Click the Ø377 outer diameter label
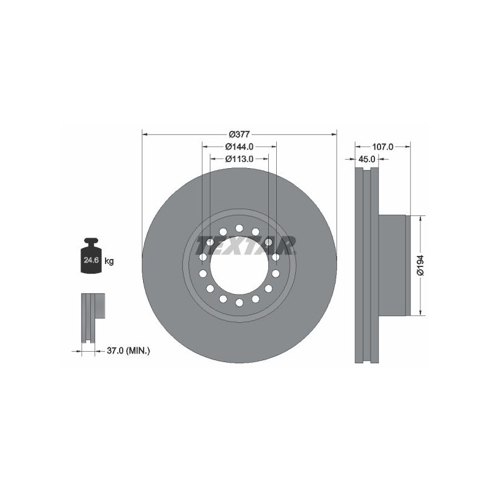point(239,134)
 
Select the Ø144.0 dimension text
point(239,146)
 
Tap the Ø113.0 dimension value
point(239,159)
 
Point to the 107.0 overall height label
point(382,147)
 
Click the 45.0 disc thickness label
point(366,159)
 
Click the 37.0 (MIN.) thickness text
point(128,350)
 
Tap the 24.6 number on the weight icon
point(91,260)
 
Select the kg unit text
point(109,260)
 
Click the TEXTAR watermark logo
point(246,245)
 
